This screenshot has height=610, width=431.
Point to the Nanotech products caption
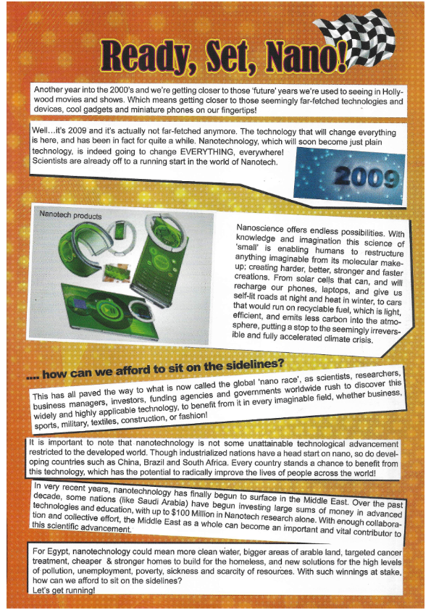point(70,215)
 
